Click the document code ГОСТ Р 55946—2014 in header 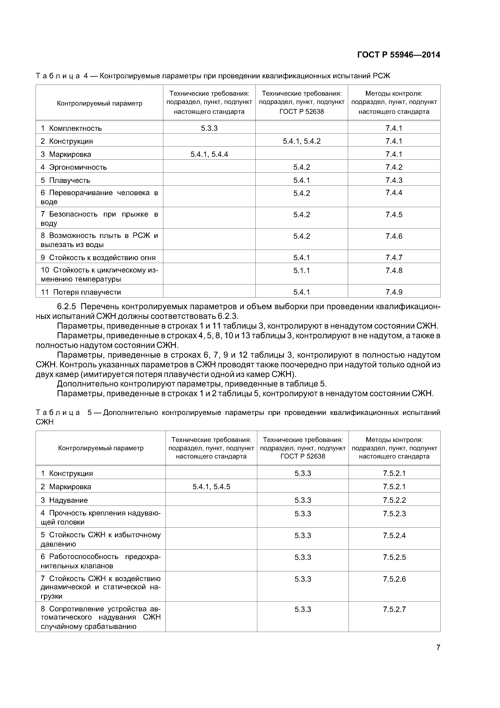click(398, 55)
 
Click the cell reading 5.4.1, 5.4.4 click(209, 154)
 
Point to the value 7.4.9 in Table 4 click(394, 292)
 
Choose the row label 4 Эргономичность click(74, 167)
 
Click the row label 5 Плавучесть click(65, 180)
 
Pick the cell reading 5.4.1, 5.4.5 click(211, 487)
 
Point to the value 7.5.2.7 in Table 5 click(394, 609)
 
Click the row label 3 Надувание click(64, 500)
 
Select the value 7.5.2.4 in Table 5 click(394, 535)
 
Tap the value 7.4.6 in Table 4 click(394, 236)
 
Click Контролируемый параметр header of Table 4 click(100, 103)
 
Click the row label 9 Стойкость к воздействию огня click(98, 258)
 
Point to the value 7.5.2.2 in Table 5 click(394, 500)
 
